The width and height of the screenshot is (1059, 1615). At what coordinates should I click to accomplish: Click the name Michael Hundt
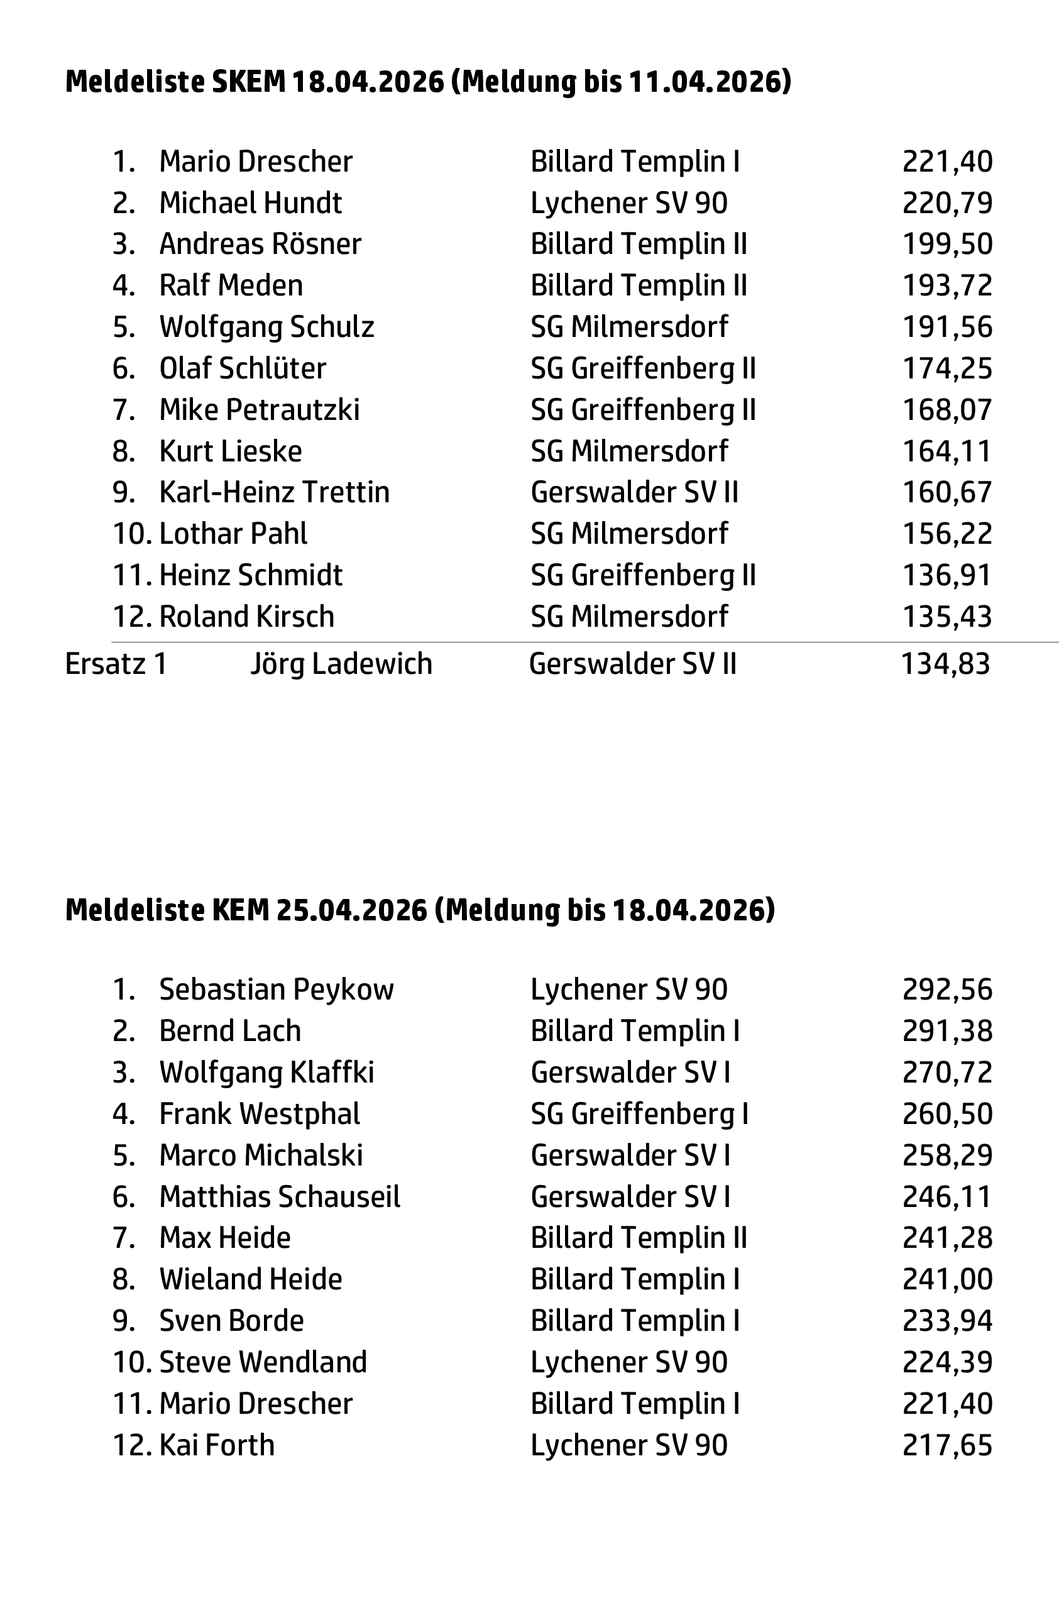point(250,203)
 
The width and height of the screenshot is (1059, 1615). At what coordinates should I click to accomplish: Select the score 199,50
point(947,245)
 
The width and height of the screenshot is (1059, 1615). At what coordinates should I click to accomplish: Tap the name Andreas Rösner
point(260,245)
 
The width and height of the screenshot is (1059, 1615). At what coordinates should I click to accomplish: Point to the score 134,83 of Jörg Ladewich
point(945,664)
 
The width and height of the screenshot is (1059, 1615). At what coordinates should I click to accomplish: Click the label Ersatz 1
point(116,664)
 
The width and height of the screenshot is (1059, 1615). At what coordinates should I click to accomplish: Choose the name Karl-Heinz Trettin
point(274,493)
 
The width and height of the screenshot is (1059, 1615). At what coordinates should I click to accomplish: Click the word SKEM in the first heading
point(248,82)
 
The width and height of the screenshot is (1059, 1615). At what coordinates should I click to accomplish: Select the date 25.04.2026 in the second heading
point(351,910)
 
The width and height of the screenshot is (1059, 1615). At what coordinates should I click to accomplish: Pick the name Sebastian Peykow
point(276,990)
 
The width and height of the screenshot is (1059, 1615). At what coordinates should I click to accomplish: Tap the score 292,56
point(947,990)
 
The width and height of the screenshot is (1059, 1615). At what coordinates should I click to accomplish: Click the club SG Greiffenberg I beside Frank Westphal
point(639,1114)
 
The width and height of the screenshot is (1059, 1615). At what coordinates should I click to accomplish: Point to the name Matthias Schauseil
point(280,1197)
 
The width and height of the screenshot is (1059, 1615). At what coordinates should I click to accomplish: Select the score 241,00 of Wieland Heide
point(947,1280)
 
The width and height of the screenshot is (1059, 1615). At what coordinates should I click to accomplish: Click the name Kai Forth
point(216,1445)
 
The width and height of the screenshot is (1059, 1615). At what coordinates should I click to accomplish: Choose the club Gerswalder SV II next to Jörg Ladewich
point(632,664)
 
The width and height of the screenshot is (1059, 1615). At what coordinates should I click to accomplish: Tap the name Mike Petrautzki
point(259,410)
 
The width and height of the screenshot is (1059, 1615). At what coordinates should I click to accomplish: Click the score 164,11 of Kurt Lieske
point(947,451)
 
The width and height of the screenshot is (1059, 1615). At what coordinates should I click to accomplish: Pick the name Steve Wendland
point(263,1362)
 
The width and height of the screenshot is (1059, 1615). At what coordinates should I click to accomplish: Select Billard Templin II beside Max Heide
point(639,1238)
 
